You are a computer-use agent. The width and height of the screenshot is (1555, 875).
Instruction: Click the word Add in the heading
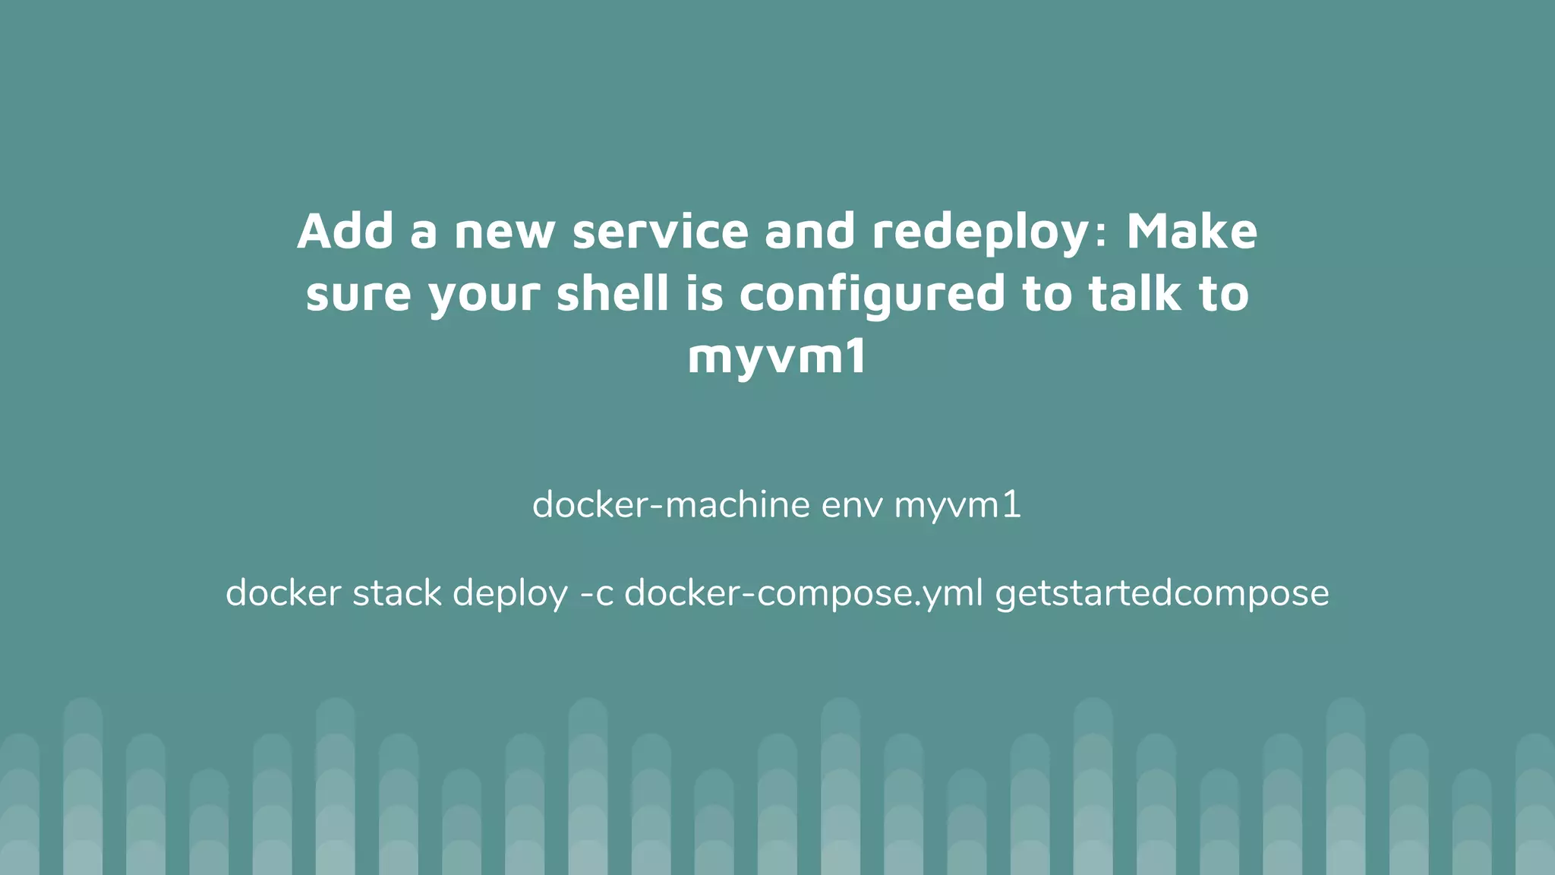coord(345,231)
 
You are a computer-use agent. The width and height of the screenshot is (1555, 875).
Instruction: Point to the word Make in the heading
coord(1191,231)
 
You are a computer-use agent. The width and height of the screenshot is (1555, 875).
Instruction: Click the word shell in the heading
coord(613,293)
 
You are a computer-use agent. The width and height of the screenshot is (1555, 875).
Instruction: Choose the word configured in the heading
coord(872,295)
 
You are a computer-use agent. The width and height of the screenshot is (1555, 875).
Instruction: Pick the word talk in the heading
coord(1134,293)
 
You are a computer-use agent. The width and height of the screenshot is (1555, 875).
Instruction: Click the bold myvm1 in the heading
coord(777,357)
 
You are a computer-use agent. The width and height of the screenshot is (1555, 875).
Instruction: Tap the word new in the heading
coord(504,232)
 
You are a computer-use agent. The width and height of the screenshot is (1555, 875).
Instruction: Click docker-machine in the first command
coord(671,505)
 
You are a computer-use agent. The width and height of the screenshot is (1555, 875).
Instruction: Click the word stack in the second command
coord(396,593)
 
